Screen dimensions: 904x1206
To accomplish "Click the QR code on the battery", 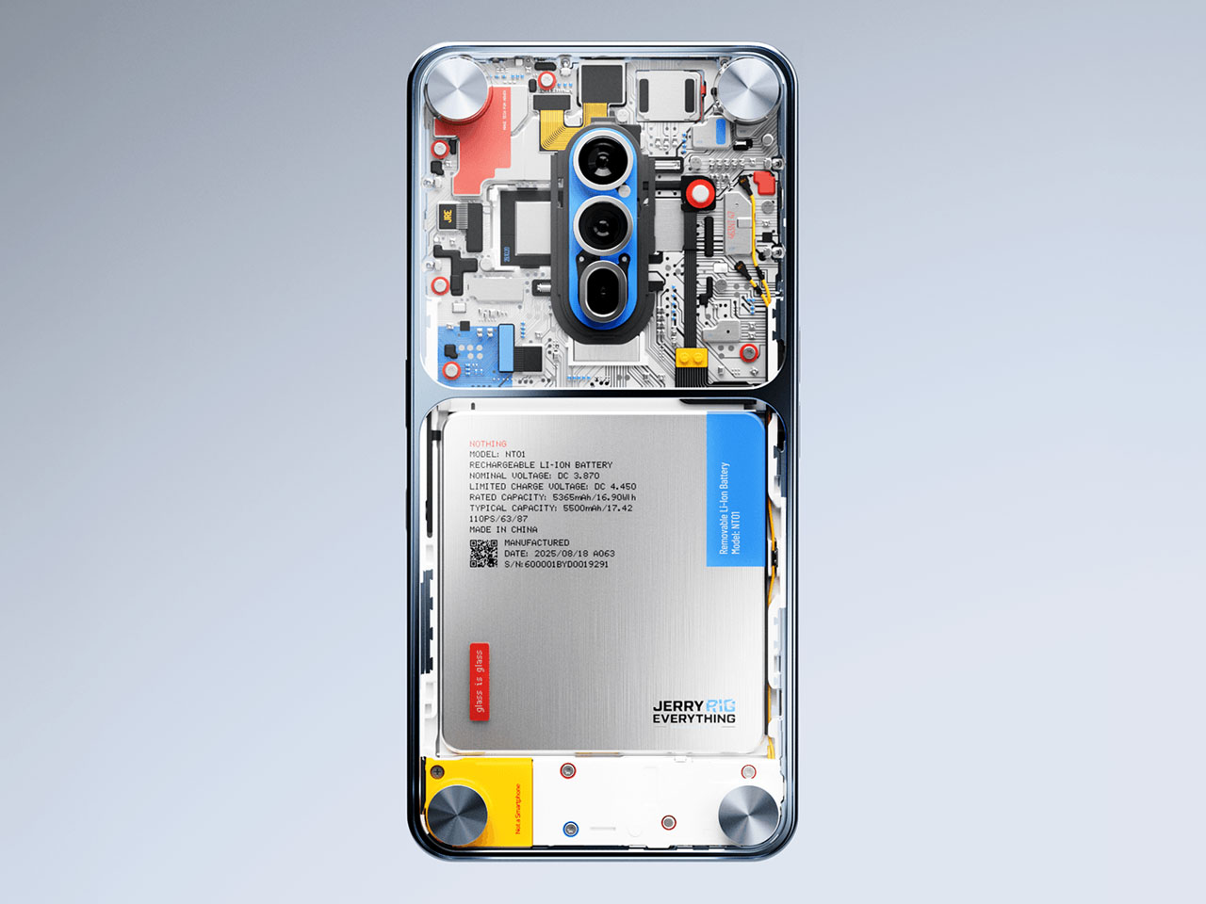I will tap(483, 554).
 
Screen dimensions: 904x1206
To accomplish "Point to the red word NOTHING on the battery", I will tap(488, 444).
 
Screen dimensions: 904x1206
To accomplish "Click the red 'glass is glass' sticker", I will tap(479, 682).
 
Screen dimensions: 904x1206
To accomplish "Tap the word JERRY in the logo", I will tap(678, 705).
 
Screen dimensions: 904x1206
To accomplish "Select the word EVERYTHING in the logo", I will tap(694, 718).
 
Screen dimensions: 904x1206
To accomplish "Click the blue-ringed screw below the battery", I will tap(570, 829).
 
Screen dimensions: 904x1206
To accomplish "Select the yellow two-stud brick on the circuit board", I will tap(692, 358).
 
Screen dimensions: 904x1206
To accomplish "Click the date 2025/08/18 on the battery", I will tap(562, 554).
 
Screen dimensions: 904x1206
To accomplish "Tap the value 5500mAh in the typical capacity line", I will tap(584, 508).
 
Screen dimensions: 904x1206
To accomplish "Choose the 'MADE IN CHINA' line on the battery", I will tap(503, 529).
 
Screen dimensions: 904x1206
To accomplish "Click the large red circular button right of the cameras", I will tap(699, 194).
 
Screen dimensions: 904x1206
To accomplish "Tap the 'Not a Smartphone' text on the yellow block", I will tap(517, 810).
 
